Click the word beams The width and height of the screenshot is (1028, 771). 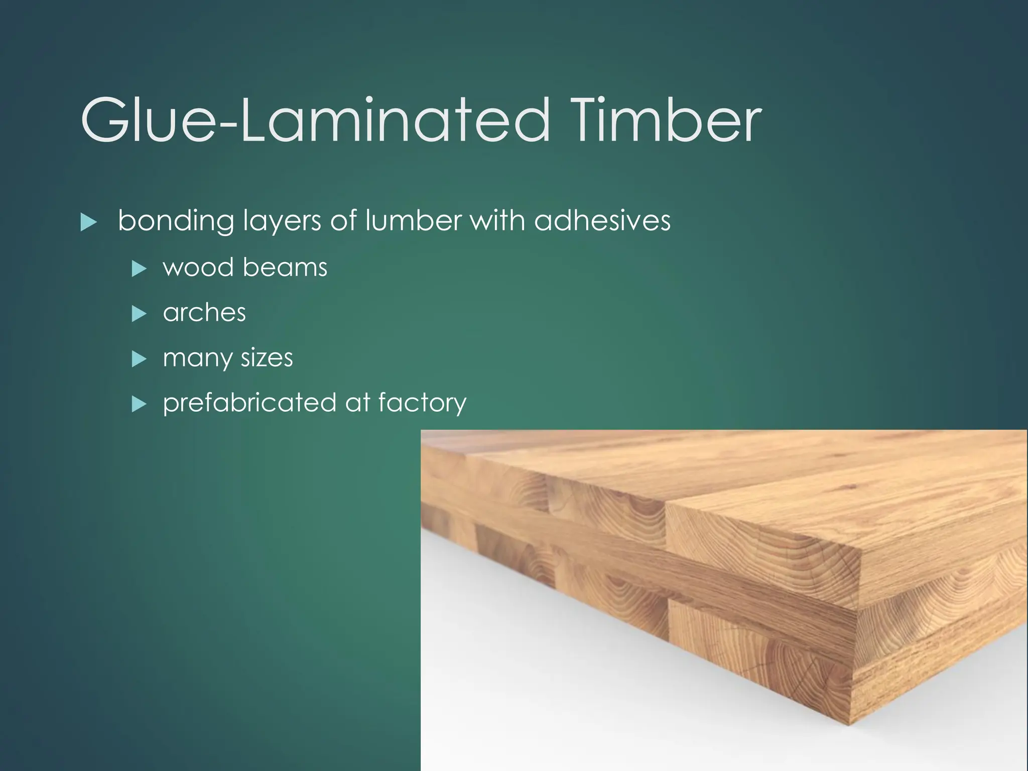point(285,267)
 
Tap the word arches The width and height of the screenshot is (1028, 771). point(204,313)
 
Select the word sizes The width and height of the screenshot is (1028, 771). point(267,358)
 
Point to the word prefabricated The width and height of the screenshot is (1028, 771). point(249,403)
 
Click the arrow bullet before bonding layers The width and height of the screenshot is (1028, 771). point(88,222)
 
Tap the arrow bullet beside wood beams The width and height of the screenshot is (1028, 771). point(138,269)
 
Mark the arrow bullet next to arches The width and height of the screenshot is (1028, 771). point(138,314)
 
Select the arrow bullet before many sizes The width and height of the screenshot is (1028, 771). point(138,359)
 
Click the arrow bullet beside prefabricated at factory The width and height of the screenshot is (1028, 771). point(138,404)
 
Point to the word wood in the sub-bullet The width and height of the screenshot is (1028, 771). point(199,267)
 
